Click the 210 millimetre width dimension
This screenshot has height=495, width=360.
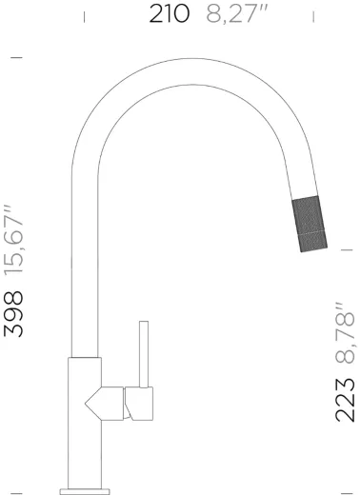point(170,14)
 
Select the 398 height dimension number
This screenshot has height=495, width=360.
point(13,314)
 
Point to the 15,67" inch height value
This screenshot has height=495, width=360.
point(13,240)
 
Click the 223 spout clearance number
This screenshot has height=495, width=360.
point(345,401)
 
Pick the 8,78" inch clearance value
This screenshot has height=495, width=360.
point(345,333)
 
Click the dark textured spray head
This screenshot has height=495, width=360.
point(310,224)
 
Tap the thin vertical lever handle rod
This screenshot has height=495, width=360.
point(144,354)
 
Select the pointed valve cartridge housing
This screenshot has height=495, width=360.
point(104,404)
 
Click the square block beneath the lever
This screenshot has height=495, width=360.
point(139,404)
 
